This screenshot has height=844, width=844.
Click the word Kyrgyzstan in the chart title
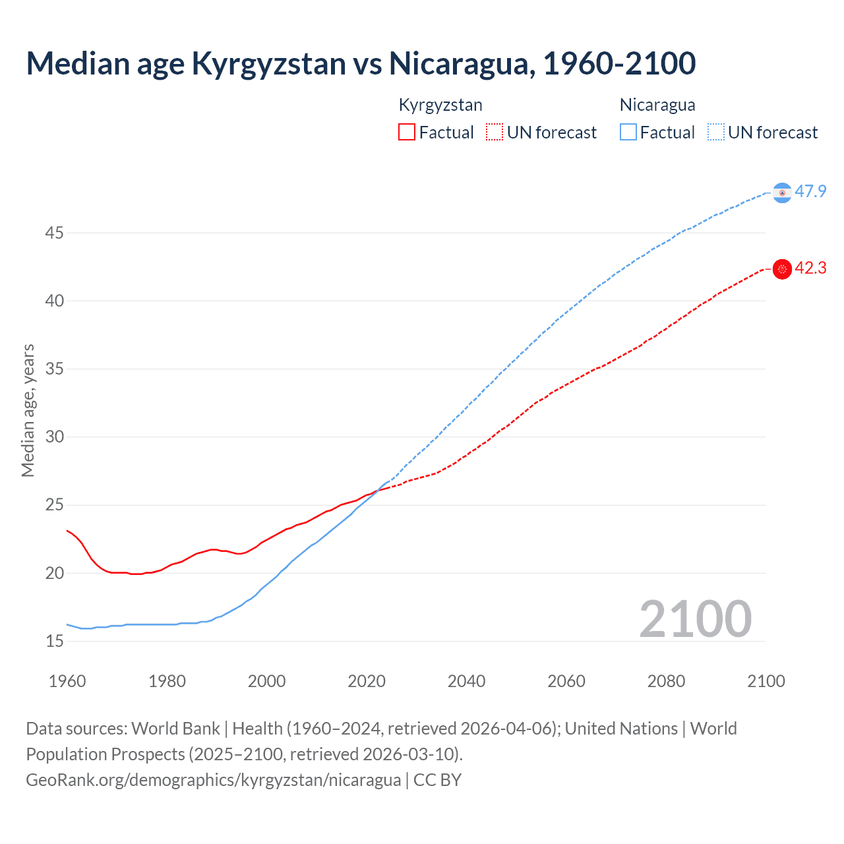pos(268,64)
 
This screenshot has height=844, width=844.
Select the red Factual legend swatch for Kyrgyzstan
pos(407,133)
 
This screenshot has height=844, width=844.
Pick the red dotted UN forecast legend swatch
pos(495,133)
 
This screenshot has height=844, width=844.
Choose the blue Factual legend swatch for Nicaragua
pos(628,133)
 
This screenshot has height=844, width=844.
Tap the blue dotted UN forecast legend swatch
pos(716,133)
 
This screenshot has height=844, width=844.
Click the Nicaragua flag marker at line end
pos(782,193)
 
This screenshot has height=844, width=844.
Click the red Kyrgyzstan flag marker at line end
pos(782,269)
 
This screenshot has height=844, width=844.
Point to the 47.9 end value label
pos(810,192)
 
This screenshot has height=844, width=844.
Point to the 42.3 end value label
pos(810,268)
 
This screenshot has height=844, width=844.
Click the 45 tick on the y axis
pos(55,233)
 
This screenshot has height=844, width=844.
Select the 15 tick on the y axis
pos(55,641)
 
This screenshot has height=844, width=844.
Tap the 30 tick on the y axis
pos(55,437)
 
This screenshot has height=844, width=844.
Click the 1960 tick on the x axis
pos(67,681)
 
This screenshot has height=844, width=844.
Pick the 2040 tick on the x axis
pos(466,681)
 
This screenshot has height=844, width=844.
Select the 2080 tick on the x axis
pos(666,681)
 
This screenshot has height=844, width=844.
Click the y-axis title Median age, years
pos(28,410)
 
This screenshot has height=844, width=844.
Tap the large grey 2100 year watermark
pos(696,619)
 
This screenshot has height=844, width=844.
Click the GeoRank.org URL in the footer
pos(213,780)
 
